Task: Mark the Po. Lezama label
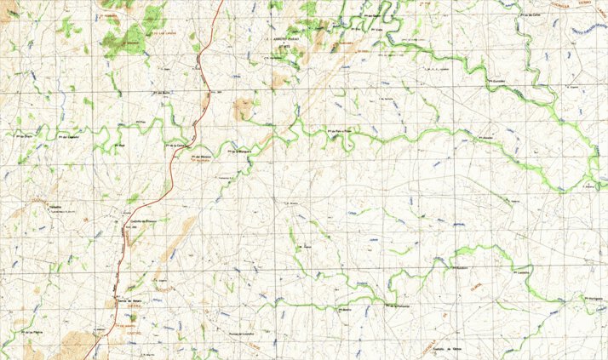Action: tap(523, 272)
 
